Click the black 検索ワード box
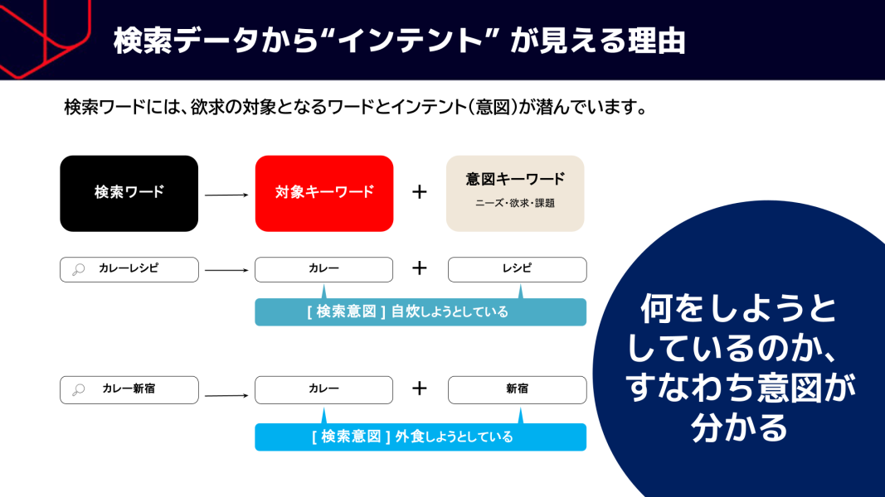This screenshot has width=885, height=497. (129, 193)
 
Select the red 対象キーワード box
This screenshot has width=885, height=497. (324, 193)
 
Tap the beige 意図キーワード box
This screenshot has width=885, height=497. (515, 193)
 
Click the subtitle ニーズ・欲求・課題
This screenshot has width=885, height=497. (515, 204)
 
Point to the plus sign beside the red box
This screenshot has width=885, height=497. (420, 192)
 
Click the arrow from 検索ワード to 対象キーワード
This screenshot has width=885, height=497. (226, 195)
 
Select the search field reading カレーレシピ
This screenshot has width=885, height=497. (129, 269)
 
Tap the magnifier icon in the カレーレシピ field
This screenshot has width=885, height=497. (79, 270)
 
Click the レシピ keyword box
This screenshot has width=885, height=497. (517, 269)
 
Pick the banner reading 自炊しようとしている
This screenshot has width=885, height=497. (421, 311)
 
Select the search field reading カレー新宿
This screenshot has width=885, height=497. (129, 390)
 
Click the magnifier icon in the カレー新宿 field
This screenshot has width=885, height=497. (79, 389)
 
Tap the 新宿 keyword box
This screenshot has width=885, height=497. (517, 390)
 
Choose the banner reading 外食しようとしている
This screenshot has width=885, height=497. (421, 437)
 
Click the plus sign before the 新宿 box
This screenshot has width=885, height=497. (420, 388)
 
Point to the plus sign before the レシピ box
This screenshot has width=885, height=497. (420, 268)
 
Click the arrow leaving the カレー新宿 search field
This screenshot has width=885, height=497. (226, 396)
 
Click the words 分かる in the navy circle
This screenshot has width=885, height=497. (739, 427)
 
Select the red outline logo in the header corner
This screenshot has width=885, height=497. (45, 37)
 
